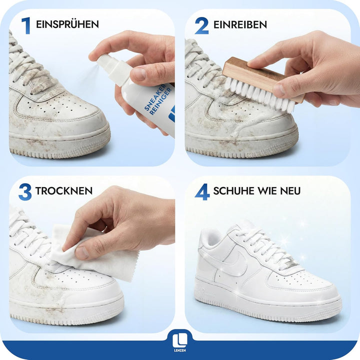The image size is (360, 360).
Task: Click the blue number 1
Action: pyautogui.click(x=25, y=25)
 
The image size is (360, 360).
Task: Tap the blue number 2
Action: pyautogui.click(x=201, y=25)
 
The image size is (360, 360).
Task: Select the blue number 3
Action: pyautogui.click(x=25, y=191)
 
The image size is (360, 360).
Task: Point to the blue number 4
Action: pyautogui.click(x=202, y=191)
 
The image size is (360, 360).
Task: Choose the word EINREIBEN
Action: pyautogui.click(x=240, y=24)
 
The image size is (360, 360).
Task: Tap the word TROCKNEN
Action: pyautogui.click(x=63, y=191)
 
